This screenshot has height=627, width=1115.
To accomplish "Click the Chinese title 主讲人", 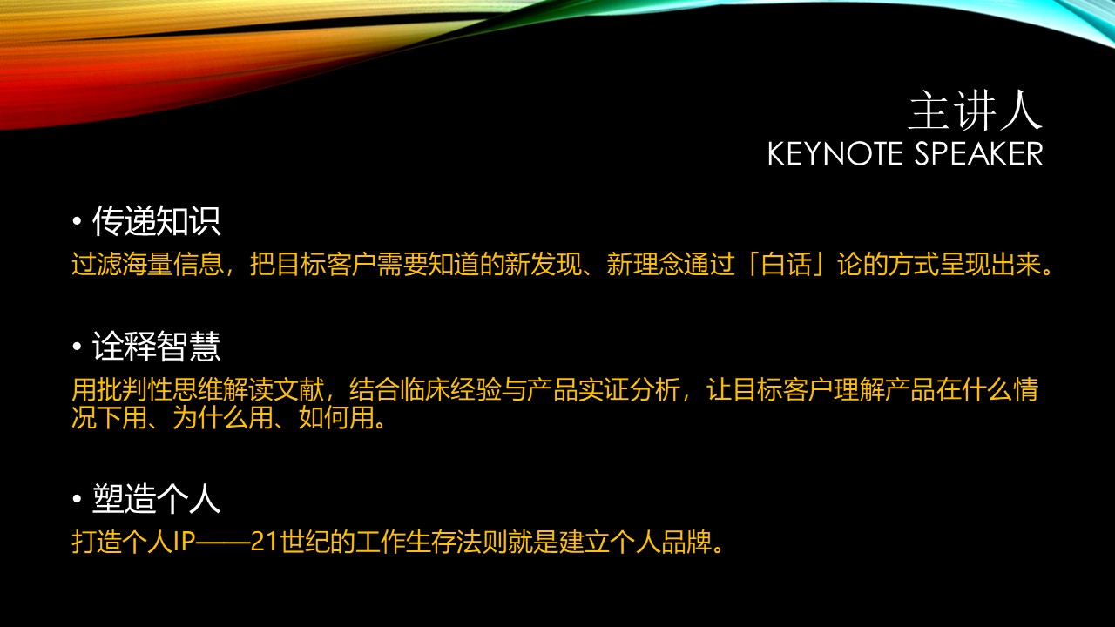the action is (x=976, y=111).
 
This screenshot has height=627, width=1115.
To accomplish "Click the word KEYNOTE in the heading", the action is (x=835, y=153).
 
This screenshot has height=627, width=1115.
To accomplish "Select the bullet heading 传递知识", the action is (x=156, y=221).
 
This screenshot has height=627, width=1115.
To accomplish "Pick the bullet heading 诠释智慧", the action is (x=156, y=346).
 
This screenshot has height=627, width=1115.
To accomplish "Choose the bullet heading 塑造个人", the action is (x=156, y=498).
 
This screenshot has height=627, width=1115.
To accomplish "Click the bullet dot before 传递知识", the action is (x=77, y=221).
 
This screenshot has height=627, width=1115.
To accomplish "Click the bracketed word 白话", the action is (x=786, y=264).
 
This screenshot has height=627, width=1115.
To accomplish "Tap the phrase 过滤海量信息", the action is (x=148, y=264).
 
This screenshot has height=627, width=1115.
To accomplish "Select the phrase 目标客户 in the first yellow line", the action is (x=327, y=264).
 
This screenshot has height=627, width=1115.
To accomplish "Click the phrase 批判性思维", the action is (x=160, y=389).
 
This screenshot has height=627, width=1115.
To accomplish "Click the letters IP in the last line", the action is (x=184, y=542).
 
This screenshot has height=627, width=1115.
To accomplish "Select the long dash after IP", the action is (x=222, y=542).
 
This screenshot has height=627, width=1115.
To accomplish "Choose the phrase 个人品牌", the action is (x=662, y=542).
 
